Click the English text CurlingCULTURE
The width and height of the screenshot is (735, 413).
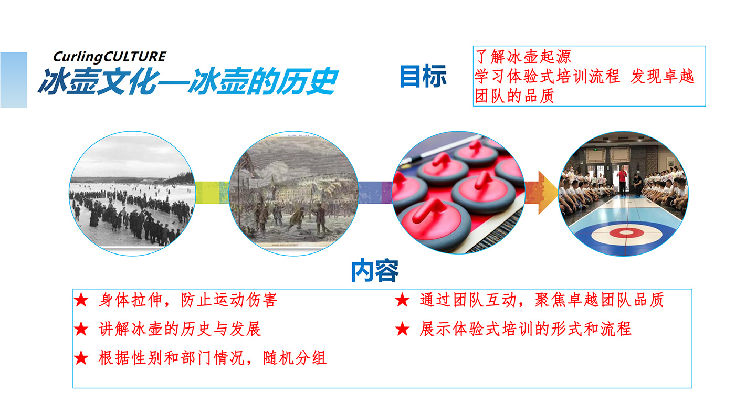coord(110,57)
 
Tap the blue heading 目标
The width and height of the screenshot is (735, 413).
coord(423,76)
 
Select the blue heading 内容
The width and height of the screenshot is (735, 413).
coord(375,271)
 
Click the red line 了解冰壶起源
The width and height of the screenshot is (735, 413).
coord(523,57)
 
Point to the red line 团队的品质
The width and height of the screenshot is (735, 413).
coord(514,96)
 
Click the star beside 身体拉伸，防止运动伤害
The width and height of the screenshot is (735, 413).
coord(81,300)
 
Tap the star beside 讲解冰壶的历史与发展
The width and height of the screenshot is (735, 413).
coord(81,329)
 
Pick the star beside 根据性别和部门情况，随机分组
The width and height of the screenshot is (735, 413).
coord(81,358)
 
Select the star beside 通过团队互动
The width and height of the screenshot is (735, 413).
coord(402,300)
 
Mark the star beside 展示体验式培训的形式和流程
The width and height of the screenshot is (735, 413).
coord(402,329)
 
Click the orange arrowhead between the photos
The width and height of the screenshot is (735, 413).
coord(547,193)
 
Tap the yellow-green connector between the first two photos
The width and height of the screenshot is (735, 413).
coord(212,193)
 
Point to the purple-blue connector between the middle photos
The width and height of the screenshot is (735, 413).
coord(375,193)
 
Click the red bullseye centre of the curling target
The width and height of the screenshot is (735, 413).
coord(626,233)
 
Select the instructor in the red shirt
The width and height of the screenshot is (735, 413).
coord(622,181)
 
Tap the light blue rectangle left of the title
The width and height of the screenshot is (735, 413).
coord(14,80)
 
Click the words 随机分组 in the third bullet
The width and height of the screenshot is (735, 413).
coord(295,358)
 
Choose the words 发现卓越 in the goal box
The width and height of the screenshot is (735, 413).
coord(662,77)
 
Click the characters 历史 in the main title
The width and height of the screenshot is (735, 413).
coord(307,81)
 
